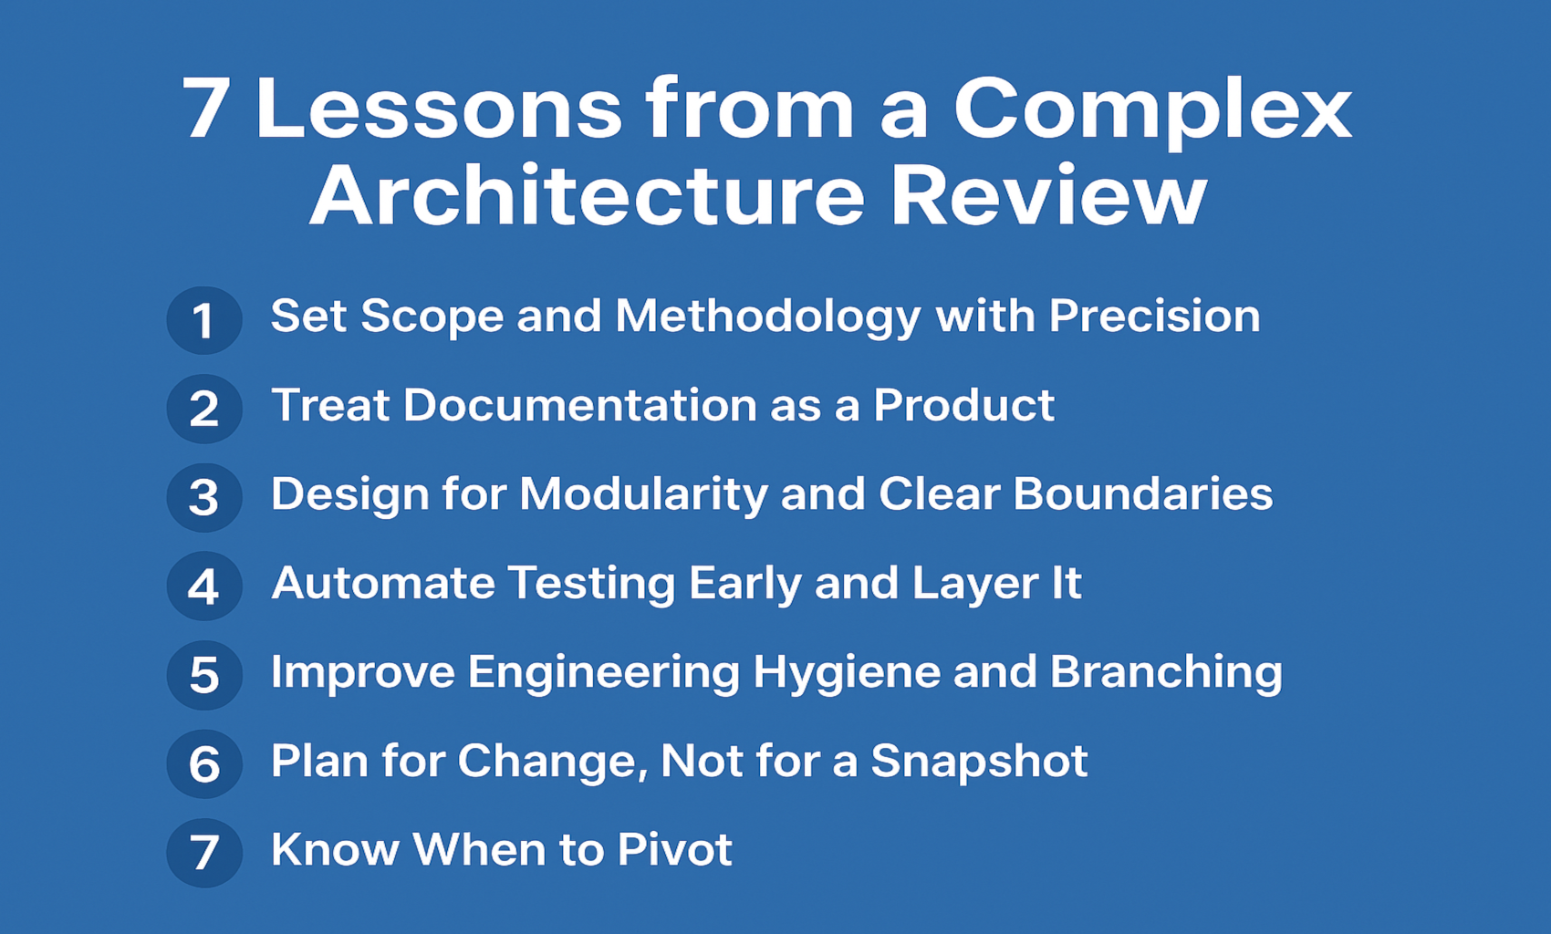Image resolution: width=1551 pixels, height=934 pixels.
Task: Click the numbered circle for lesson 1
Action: pyautogui.click(x=204, y=320)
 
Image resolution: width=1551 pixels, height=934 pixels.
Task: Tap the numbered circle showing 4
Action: pyautogui.click(x=204, y=586)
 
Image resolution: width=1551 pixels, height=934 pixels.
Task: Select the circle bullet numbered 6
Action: pyautogui.click(x=204, y=763)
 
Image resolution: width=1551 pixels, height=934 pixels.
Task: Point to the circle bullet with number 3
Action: pyautogui.click(x=204, y=497)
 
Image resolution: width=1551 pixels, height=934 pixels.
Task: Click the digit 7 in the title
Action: pyautogui.click(x=205, y=108)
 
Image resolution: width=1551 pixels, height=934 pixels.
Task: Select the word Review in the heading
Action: pyautogui.click(x=1049, y=195)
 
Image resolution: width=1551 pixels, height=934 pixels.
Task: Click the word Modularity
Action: pyautogui.click(x=643, y=496)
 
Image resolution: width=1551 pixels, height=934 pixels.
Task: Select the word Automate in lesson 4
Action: pyautogui.click(x=383, y=583)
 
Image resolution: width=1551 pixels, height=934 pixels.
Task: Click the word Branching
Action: pyautogui.click(x=1166, y=674)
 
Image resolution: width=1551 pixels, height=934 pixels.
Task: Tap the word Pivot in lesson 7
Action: pyautogui.click(x=674, y=849)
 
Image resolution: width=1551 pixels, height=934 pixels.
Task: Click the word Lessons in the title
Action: pyautogui.click(x=439, y=108)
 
